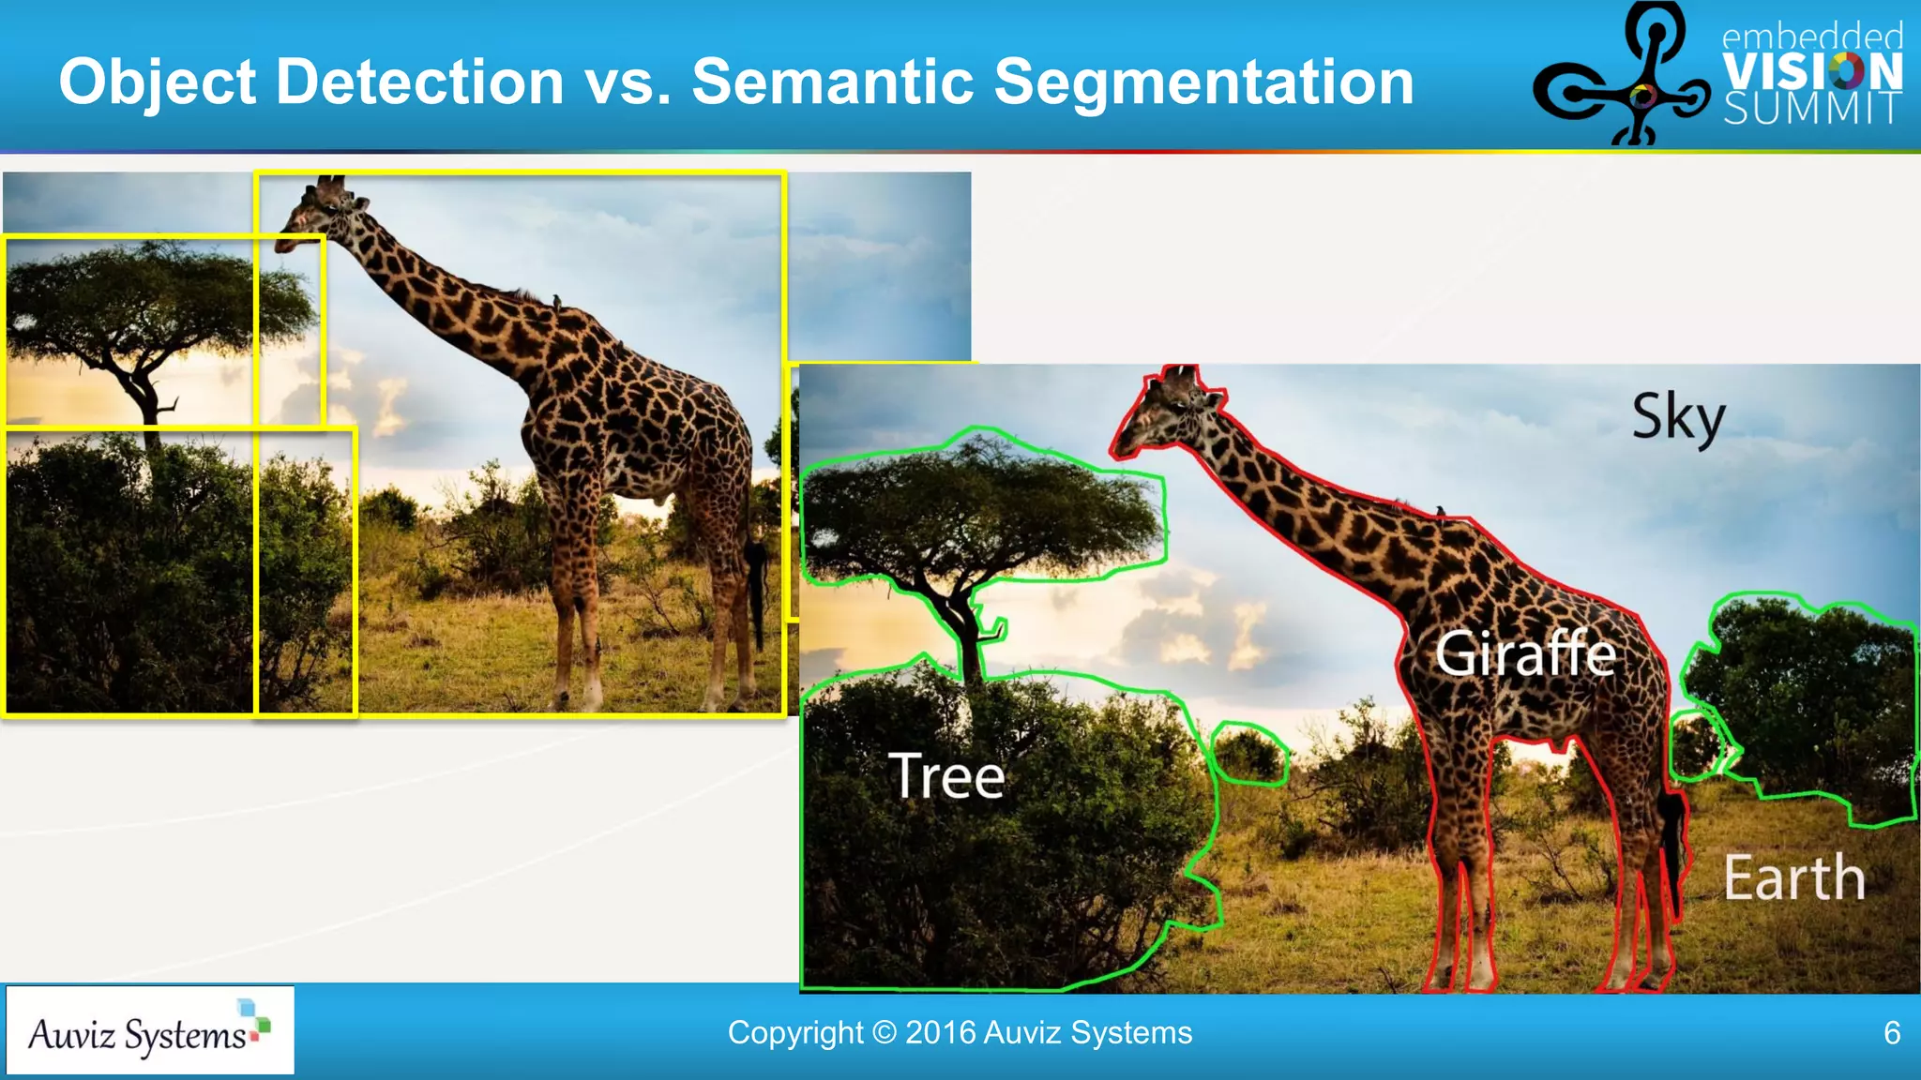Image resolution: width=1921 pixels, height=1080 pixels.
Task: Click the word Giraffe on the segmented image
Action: [x=1525, y=653]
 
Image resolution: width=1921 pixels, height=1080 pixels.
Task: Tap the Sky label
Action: [x=1678, y=418]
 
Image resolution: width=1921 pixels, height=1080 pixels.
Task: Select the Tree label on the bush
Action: [x=946, y=776]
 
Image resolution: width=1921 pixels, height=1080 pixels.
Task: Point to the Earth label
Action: [x=1793, y=878]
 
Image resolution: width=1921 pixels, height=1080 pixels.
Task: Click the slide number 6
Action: [x=1892, y=1033]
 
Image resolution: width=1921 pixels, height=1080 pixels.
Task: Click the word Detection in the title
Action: [x=420, y=82]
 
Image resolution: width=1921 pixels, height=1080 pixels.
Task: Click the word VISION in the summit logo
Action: [x=1812, y=71]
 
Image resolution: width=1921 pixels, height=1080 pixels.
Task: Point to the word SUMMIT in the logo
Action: [x=1812, y=109]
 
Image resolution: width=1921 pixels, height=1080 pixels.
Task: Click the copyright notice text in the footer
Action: [x=960, y=1033]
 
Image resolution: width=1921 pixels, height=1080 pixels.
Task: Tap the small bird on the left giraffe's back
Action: [x=555, y=301]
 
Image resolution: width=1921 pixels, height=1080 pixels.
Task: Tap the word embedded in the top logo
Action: [x=1812, y=37]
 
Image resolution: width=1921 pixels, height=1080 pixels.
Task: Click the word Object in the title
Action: [x=157, y=82]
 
